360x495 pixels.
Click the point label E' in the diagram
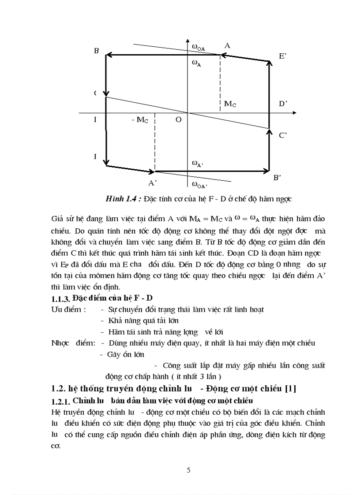pos(283,56)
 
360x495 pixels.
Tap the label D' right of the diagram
pos(283,103)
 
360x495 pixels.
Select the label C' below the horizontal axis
pos(283,135)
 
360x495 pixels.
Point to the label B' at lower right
pos(277,178)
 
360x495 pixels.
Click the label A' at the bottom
pos(153,182)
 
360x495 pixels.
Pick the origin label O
pos(178,120)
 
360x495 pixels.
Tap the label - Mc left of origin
pos(139,120)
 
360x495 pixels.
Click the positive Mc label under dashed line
pos(230,104)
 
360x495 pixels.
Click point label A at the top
pos(227,45)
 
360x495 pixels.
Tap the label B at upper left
pos(96,51)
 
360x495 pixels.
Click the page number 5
pos(189,470)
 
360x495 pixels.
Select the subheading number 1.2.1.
pos(60,401)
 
